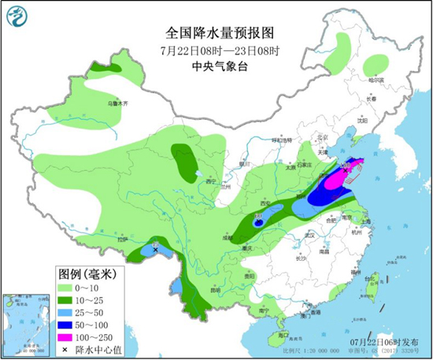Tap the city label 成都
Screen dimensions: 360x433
coord(228,236)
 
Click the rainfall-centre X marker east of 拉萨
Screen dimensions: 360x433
coord(155,249)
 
